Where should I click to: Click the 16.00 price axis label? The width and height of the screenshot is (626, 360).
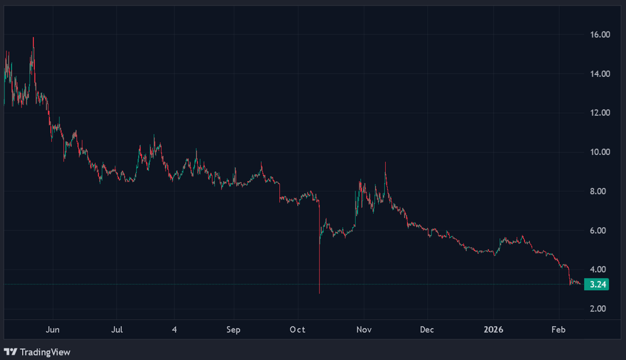[x=600, y=35]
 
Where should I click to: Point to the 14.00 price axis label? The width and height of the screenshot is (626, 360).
[x=600, y=74]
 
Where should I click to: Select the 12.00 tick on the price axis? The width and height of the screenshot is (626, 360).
[x=600, y=113]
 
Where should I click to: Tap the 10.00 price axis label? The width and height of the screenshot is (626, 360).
[x=600, y=152]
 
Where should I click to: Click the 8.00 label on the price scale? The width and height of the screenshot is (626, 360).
[x=602, y=191]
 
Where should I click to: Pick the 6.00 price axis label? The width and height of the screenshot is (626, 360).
[x=602, y=231]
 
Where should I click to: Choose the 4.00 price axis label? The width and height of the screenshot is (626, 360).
[x=602, y=270]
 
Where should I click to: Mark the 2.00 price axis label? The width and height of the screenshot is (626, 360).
[x=602, y=309]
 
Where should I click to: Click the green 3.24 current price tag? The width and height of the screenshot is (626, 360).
[x=599, y=285]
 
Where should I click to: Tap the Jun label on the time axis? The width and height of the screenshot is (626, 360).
[x=52, y=330]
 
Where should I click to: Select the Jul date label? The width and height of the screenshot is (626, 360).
[x=117, y=330]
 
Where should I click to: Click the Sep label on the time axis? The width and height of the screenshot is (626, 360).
[x=233, y=330]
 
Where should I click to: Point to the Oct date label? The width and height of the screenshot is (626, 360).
[x=298, y=330]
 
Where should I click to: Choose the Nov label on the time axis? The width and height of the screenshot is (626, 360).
[x=364, y=330]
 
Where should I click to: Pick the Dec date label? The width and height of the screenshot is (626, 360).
[x=427, y=330]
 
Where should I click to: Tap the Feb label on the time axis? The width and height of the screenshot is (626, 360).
[x=558, y=330]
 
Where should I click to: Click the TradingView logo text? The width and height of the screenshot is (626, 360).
[x=45, y=352]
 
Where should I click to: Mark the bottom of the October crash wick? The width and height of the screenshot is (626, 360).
[x=319, y=292]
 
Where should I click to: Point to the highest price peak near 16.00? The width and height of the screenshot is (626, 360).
[x=33, y=38]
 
